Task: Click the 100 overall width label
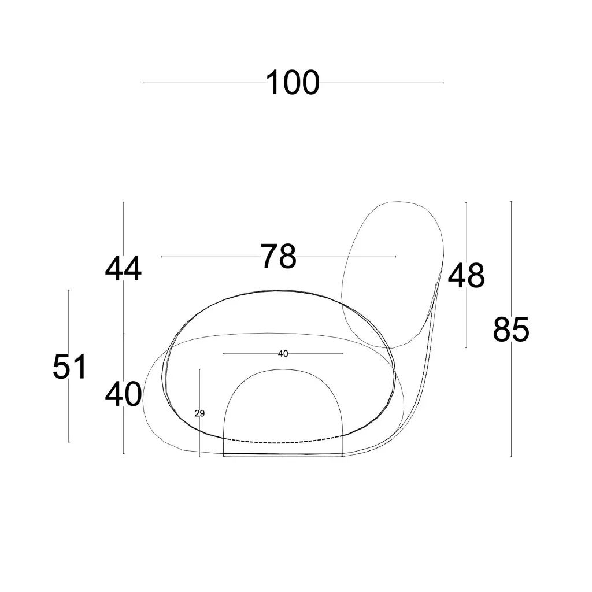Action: coord(293,82)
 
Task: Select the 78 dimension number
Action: coord(278,256)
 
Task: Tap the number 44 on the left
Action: coord(123,269)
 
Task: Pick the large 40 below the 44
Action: coord(124,394)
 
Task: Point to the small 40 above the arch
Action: coord(283,353)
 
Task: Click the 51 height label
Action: coord(70,367)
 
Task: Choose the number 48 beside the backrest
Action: coord(467,276)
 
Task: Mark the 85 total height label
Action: coord(511,330)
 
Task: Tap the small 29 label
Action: coord(199,413)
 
